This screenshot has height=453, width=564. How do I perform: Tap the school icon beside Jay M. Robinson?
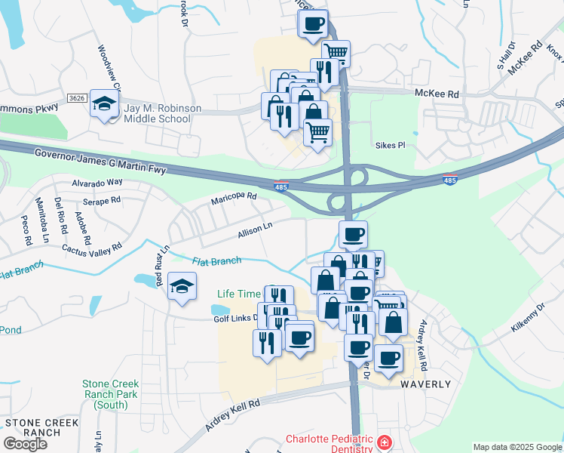tap(103, 104)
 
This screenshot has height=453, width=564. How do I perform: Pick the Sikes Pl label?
tap(390, 144)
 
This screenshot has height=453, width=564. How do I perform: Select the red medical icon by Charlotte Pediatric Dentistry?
tap(385, 442)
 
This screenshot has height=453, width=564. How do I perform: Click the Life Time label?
tap(238, 294)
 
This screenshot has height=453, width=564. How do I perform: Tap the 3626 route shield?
tap(76, 98)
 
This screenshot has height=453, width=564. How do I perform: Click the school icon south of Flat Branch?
tap(181, 286)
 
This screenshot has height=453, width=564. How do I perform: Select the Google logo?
tap(25, 444)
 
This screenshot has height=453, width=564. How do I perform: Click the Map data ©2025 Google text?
tap(517, 447)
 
